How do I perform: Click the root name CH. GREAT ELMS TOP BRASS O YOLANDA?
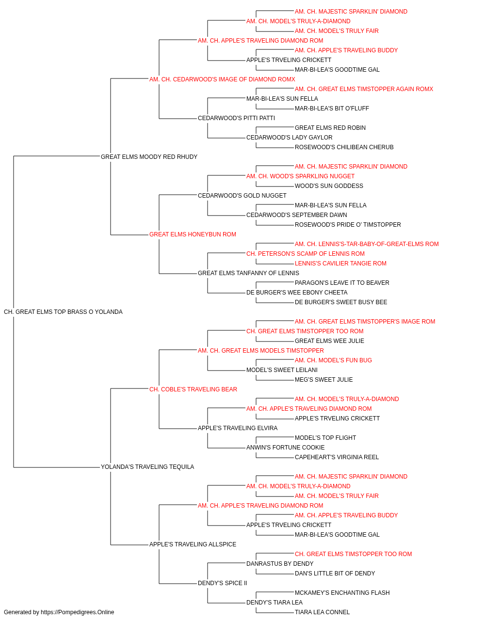[63, 312]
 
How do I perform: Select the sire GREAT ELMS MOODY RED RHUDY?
[149, 156]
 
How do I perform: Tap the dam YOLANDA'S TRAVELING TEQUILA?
[147, 467]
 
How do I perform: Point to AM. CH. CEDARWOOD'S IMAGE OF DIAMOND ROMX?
[222, 79]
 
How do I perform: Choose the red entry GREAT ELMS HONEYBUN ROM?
[193, 234]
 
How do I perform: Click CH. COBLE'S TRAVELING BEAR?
[193, 389]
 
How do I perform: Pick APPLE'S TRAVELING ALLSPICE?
[193, 544]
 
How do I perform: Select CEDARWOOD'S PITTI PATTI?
[237, 118]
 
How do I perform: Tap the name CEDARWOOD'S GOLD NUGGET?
[242, 195]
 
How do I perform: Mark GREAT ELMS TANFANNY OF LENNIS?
[248, 273]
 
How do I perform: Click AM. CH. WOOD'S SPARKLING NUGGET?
[301, 176]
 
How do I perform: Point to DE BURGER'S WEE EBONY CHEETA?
[297, 293]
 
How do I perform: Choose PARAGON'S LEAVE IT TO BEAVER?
[342, 283]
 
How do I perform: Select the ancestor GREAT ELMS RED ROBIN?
[330, 128]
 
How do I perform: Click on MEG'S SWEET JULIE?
[324, 379]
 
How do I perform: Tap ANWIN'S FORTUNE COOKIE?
[286, 448]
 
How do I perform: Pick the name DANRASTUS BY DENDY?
[280, 563]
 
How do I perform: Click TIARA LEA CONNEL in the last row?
[323, 612]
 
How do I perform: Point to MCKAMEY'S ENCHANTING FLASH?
[342, 592]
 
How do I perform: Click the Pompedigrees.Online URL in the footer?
[78, 612]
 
